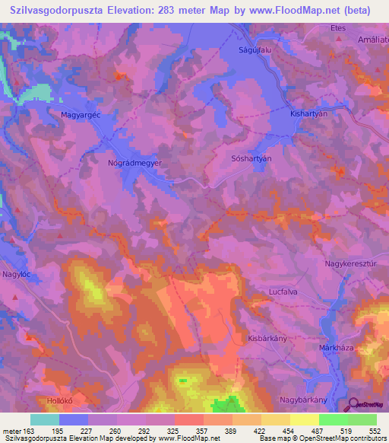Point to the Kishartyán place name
point(308,112)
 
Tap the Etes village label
point(337,27)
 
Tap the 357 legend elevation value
point(202,431)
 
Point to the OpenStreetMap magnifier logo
point(354,406)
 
